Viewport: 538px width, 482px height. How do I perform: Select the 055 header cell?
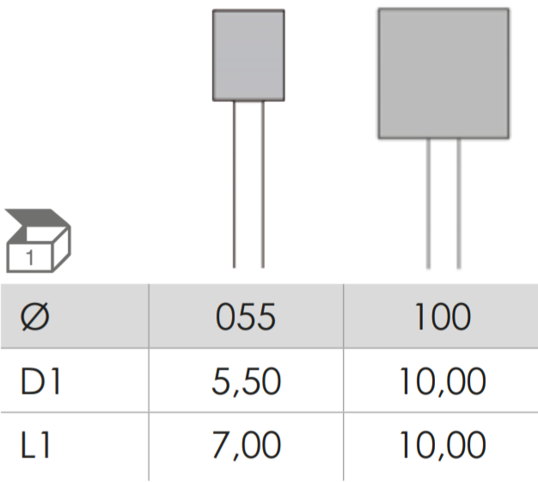pyautogui.click(x=246, y=317)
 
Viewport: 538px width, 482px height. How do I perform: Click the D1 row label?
pyautogui.click(x=41, y=381)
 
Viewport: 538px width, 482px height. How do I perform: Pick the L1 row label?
pyautogui.click(x=36, y=445)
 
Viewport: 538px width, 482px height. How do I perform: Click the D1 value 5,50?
pyautogui.click(x=247, y=382)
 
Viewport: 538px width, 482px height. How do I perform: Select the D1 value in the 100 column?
pyautogui.click(x=443, y=382)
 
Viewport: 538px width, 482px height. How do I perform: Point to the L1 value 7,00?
pyautogui.click(x=247, y=446)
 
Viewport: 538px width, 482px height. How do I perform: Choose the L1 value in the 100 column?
pyautogui.click(x=443, y=446)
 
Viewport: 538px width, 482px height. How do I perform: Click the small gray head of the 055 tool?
pyautogui.click(x=248, y=55)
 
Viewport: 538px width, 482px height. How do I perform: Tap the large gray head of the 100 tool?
pyautogui.click(x=443, y=73)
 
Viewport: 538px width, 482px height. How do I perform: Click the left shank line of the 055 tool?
pyautogui.click(x=235, y=184)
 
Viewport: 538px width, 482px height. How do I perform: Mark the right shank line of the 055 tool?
pyautogui.click(x=263, y=184)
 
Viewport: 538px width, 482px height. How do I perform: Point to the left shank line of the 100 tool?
pyautogui.click(x=428, y=203)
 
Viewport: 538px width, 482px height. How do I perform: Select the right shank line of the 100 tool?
pyautogui.click(x=459, y=203)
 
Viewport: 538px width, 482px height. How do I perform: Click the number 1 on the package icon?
pyautogui.click(x=30, y=257)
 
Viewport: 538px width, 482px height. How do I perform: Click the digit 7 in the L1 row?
pyautogui.click(x=221, y=445)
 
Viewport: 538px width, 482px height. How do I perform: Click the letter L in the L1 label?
pyautogui.click(x=29, y=445)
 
